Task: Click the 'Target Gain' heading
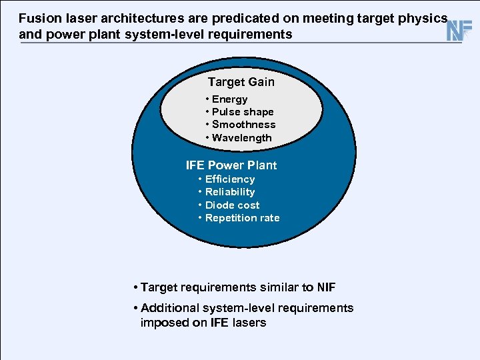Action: pos(241,82)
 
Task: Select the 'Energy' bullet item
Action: pos(229,99)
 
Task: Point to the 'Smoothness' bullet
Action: pos(243,125)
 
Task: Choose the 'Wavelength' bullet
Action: pos(241,138)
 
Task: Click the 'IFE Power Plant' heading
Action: pos(231,165)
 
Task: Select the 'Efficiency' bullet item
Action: pos(230,179)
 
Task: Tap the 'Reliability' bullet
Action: pos(230,192)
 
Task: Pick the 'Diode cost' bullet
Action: pos(232,205)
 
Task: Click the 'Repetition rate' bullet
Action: pos(242,218)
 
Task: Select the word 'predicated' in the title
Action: pos(217,19)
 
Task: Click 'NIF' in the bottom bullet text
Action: pos(325,288)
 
